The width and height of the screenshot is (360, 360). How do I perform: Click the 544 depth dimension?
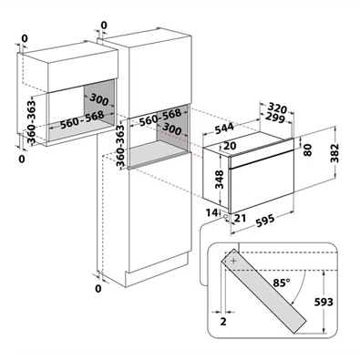(x=224, y=129)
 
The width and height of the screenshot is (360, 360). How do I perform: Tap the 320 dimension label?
(x=278, y=108)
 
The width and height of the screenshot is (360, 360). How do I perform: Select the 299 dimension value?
(x=275, y=118)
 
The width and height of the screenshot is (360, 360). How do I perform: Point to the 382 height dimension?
(x=334, y=153)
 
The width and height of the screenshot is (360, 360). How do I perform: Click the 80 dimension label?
(x=308, y=150)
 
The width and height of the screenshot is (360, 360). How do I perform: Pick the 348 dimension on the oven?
(x=219, y=180)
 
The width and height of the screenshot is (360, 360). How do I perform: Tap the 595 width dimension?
(x=265, y=221)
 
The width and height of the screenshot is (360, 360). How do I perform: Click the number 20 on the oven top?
(x=230, y=146)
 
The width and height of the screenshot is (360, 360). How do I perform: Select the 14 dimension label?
(x=211, y=212)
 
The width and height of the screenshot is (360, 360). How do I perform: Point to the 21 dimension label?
(x=240, y=218)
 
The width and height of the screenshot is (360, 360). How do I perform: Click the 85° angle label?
(x=282, y=283)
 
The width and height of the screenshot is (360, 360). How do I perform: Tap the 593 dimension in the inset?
(x=324, y=302)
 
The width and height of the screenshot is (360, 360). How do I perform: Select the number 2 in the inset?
(x=223, y=322)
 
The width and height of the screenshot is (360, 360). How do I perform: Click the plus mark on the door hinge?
(x=233, y=261)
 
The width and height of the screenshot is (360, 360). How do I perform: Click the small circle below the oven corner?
(x=225, y=216)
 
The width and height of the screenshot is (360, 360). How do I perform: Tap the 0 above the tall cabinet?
(x=104, y=26)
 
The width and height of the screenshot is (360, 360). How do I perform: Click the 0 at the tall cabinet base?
(x=98, y=288)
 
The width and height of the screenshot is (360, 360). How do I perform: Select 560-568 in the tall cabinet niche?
(x=160, y=118)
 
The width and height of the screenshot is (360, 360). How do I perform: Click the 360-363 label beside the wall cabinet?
(x=31, y=121)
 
